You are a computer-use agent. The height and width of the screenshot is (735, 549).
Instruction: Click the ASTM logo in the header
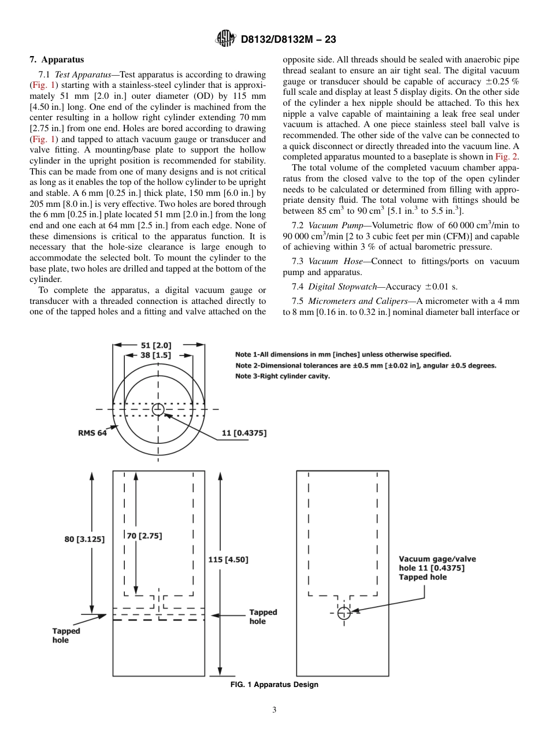pos(225,39)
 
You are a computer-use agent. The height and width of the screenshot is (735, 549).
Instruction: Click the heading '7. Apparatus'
pos(57,60)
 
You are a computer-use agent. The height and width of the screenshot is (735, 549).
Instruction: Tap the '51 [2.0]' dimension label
pos(156,346)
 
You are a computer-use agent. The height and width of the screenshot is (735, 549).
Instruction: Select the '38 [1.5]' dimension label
pos(155,355)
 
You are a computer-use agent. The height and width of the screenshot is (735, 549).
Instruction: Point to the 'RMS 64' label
pos(92,433)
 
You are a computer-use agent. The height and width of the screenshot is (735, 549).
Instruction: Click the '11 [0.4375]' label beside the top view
pos(244,433)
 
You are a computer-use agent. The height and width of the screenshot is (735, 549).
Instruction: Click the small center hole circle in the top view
pos(158,410)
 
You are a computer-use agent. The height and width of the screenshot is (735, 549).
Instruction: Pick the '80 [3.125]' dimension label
pos(84,539)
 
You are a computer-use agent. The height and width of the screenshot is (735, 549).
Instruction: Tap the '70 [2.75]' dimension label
pos(144,536)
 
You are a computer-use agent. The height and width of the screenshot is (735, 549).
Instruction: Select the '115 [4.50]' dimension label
pos(228,559)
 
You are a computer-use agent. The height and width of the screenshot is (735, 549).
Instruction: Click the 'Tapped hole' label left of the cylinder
pos(66,635)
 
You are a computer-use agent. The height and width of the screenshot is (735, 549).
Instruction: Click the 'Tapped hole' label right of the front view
pos(263,617)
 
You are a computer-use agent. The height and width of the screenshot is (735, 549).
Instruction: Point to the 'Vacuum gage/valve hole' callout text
pos(437,568)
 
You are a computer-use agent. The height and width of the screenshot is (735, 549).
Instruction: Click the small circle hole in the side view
pos(343,612)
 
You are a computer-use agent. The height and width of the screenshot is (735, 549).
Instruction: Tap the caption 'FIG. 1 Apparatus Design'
pos(274,685)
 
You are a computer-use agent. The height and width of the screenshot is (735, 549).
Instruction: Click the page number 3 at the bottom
pos(274,710)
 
